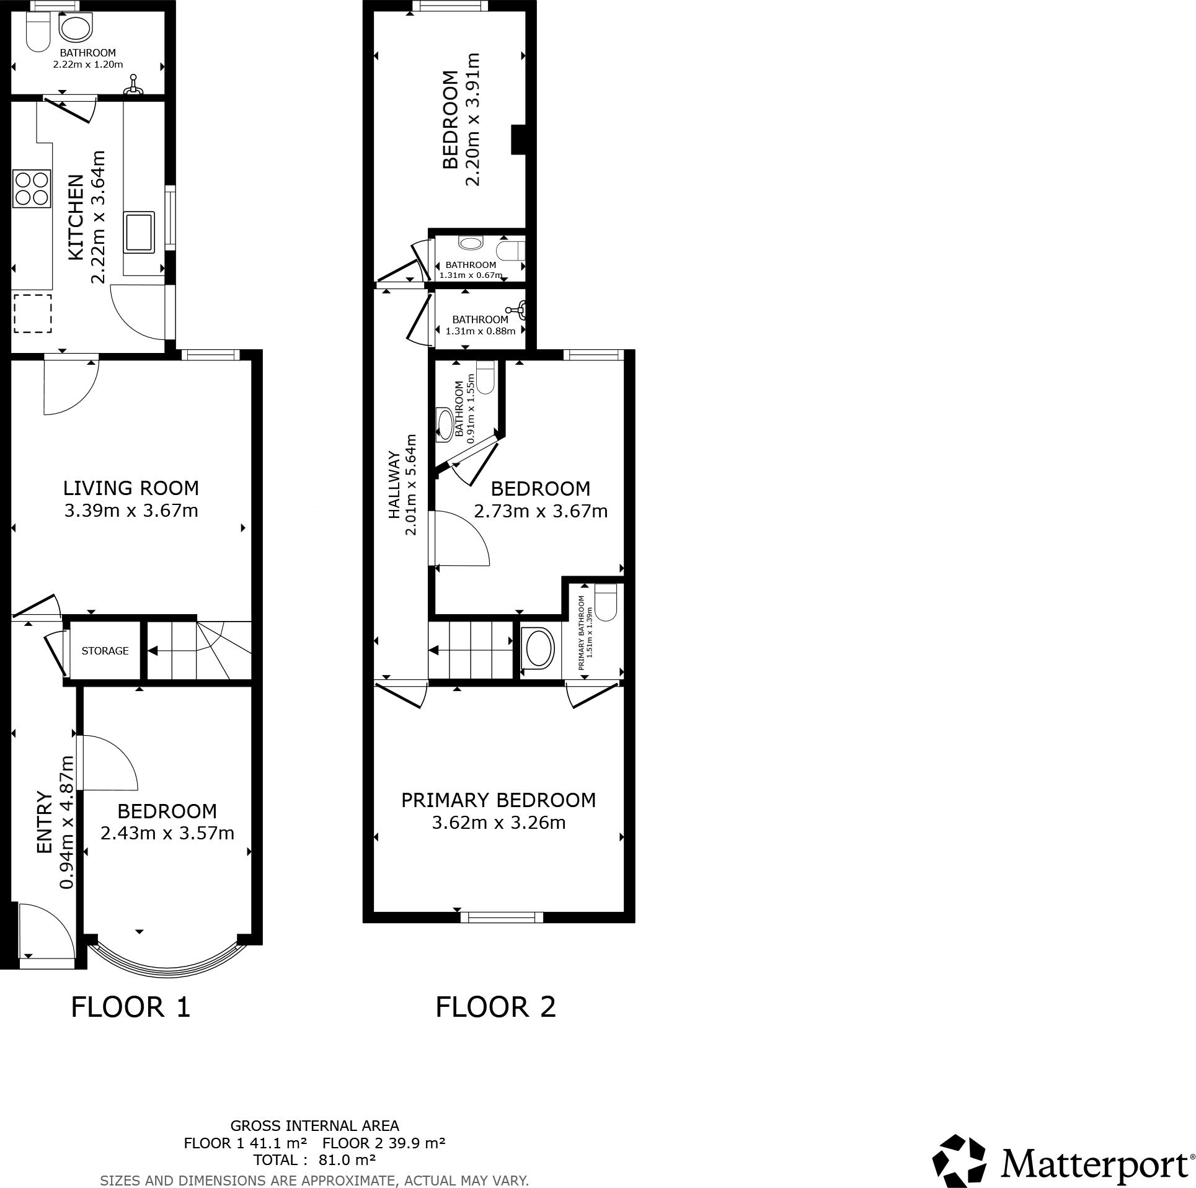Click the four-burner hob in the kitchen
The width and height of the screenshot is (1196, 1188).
(32, 189)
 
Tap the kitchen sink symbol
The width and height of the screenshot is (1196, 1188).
(139, 232)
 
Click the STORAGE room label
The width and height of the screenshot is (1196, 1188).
(105, 651)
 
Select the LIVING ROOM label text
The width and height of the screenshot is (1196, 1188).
(131, 488)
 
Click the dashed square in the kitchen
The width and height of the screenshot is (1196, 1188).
(32, 313)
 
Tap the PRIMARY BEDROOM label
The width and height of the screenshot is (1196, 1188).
(498, 800)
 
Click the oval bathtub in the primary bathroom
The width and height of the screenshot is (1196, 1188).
(538, 649)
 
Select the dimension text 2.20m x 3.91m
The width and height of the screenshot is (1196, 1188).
(473, 119)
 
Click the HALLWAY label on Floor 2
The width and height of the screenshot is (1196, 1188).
(394, 485)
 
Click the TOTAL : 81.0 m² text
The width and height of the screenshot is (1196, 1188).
(314, 1159)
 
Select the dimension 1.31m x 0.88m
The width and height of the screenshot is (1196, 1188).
(481, 331)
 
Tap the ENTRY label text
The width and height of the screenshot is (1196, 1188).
(44, 822)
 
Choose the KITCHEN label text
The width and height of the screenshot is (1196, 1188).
(75, 217)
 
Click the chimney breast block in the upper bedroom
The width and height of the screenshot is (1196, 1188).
(517, 139)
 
